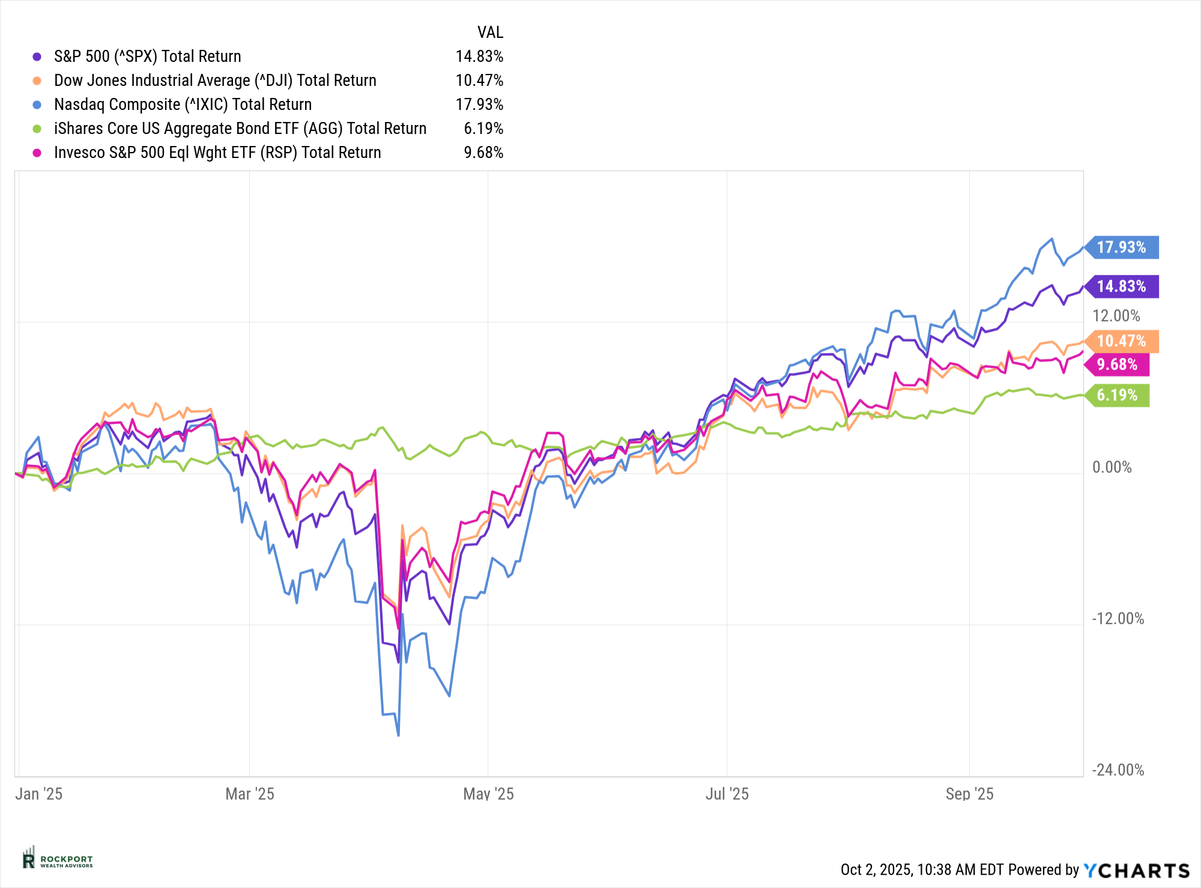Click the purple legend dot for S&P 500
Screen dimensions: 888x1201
37,56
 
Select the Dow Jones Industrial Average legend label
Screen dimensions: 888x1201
215,81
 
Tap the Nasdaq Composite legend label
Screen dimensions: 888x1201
183,105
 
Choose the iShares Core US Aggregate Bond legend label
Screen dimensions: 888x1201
240,129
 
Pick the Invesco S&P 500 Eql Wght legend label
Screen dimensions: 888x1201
217,153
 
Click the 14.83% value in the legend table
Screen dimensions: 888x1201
479,56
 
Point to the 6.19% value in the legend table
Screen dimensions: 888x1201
483,129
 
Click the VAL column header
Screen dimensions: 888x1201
490,32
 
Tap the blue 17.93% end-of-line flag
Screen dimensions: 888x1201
1122,247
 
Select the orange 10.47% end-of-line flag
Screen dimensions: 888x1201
1122,341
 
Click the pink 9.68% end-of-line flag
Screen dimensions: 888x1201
1118,365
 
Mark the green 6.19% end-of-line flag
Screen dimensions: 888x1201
1118,395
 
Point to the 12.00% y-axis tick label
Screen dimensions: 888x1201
1116,316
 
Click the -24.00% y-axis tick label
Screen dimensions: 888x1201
1118,770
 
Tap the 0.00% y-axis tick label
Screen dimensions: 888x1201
1112,467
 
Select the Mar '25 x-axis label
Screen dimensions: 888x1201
249,794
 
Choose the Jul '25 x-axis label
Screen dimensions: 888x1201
727,794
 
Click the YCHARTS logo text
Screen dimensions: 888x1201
1136,871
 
